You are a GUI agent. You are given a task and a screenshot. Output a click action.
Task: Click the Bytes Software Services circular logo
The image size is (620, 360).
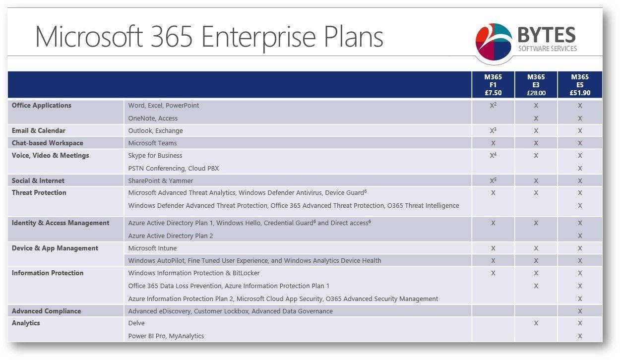(494, 42)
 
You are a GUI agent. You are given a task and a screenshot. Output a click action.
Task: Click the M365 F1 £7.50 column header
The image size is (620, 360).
(493, 85)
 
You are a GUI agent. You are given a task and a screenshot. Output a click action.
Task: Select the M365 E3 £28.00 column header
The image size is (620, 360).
(536, 85)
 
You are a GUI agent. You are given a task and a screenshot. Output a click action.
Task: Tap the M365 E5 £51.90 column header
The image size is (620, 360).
(580, 85)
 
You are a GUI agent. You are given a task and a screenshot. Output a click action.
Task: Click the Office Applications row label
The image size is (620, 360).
(42, 106)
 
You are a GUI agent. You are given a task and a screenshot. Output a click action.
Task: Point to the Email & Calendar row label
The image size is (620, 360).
(39, 130)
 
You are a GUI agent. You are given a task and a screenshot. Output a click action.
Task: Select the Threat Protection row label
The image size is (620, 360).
(39, 192)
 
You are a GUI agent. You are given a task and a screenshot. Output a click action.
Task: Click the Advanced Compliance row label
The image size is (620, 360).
(46, 311)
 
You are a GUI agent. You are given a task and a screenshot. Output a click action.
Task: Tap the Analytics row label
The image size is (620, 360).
(26, 323)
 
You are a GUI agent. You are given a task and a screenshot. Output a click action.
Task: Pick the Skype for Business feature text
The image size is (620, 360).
(155, 156)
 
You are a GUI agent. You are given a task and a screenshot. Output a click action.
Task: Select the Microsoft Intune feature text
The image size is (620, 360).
(152, 248)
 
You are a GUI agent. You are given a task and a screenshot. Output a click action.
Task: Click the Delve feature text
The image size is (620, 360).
(136, 323)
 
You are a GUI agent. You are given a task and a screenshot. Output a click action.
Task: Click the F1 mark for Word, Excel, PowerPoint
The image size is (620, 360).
(493, 105)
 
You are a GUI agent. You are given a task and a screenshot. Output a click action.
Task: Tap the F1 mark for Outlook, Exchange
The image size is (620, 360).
(493, 130)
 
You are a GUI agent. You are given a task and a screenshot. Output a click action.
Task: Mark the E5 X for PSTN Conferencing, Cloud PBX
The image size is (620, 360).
(580, 168)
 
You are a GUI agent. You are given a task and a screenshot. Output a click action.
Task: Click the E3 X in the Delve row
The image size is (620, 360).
(536, 323)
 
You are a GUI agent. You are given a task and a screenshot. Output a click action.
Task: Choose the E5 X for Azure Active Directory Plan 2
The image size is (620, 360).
(580, 236)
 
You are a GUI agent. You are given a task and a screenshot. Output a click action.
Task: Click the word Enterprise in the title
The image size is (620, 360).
(259, 37)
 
